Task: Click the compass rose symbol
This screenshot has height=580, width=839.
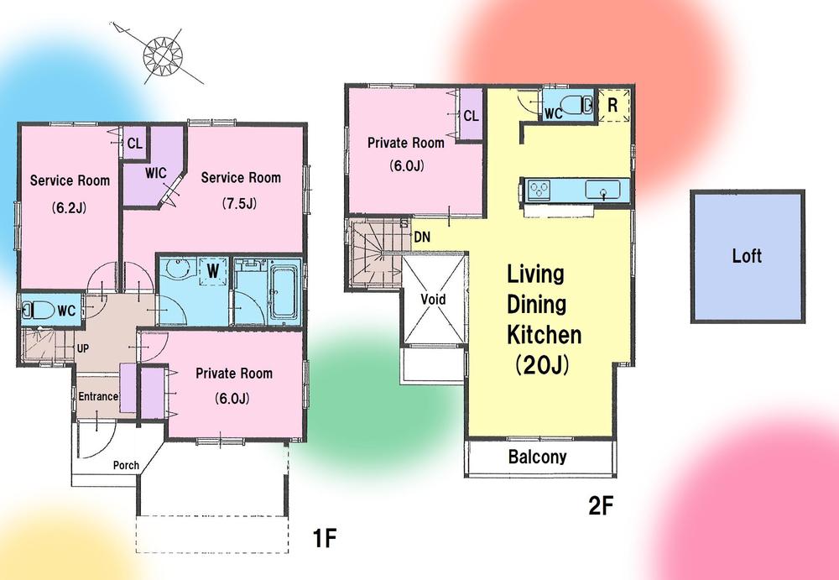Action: [x=164, y=55]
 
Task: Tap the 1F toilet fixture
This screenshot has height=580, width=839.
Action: [x=39, y=310]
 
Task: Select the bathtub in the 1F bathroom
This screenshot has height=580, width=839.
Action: [x=283, y=292]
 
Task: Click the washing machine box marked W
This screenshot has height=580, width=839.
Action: [x=213, y=271]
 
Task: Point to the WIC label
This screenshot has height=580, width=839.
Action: [x=156, y=173]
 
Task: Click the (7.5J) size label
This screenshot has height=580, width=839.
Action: [x=239, y=203]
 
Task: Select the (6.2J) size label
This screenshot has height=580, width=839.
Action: [x=69, y=208]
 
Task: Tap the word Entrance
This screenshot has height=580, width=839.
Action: [x=98, y=396]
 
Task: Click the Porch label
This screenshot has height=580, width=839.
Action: [x=126, y=465]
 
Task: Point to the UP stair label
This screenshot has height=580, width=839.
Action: [x=83, y=348]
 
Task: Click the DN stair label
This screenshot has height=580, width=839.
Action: [x=422, y=237]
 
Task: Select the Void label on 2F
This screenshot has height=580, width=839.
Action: [x=433, y=299]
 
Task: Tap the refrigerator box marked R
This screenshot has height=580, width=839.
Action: [x=613, y=106]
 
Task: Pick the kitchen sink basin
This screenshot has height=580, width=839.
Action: [x=603, y=191]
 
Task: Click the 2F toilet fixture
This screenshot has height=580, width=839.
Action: [x=576, y=105]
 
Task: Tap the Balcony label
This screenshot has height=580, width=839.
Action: [x=537, y=457]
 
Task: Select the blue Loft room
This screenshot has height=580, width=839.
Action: [x=748, y=256]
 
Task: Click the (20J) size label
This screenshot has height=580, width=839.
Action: [x=542, y=366]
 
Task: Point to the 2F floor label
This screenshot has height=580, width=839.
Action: [x=601, y=505]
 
